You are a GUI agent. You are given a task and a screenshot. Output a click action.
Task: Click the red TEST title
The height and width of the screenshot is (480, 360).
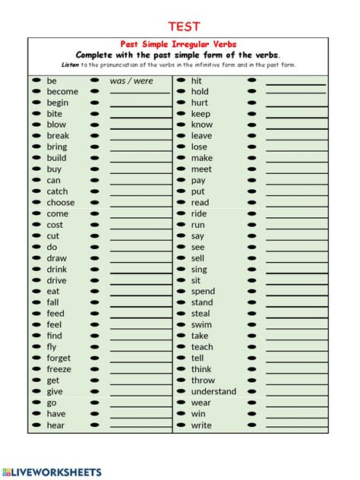click(x=184, y=27)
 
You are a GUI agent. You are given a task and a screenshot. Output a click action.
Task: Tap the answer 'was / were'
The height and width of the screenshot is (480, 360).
click(x=131, y=81)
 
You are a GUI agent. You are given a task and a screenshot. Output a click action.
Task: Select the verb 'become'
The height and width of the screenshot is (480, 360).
click(x=62, y=92)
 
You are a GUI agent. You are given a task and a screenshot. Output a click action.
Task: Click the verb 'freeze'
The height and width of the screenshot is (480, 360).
click(x=59, y=369)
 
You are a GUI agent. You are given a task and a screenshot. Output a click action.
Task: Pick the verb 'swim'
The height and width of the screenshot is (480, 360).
click(x=201, y=325)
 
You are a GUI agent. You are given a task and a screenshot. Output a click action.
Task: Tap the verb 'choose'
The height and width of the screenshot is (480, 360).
click(x=61, y=203)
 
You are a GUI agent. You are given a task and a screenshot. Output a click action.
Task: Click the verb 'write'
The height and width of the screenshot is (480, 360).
click(x=201, y=425)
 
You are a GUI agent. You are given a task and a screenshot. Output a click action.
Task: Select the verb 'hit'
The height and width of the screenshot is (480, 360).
click(x=197, y=81)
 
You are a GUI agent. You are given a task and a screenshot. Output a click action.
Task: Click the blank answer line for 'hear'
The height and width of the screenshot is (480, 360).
click(x=141, y=428)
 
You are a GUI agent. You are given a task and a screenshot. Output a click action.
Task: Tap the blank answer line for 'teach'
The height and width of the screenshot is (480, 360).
click(x=295, y=349)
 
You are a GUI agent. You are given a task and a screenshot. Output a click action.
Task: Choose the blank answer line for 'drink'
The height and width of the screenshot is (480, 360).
click(x=141, y=272)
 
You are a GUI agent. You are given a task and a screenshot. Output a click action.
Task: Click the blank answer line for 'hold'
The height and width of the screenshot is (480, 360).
click(x=295, y=94)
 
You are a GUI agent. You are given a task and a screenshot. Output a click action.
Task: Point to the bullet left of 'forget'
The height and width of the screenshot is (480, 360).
click(x=36, y=358)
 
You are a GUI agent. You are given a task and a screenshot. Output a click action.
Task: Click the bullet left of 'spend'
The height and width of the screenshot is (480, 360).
click(x=181, y=292)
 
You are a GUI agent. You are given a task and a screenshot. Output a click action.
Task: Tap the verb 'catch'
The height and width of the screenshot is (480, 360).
click(x=57, y=191)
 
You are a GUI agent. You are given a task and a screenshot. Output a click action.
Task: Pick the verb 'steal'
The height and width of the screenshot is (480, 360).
click(x=201, y=314)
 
